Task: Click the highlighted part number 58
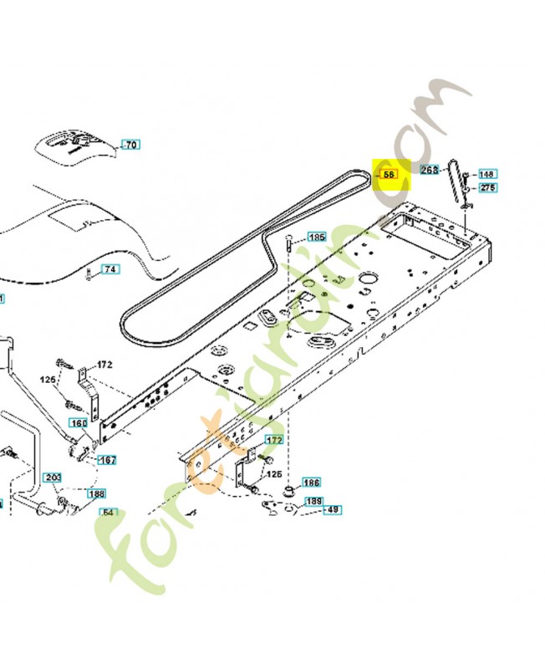(389, 175)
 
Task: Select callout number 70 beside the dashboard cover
(130, 146)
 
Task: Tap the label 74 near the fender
(110, 269)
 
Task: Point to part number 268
(430, 170)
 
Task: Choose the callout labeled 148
(487, 174)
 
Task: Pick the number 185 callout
(317, 237)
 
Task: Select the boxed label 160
(79, 423)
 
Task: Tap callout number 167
(108, 460)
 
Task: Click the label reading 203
(53, 477)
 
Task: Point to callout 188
(97, 493)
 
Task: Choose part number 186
(311, 483)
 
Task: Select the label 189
(313, 501)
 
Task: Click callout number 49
(333, 509)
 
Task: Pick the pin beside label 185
(289, 246)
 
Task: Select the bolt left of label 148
(467, 175)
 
